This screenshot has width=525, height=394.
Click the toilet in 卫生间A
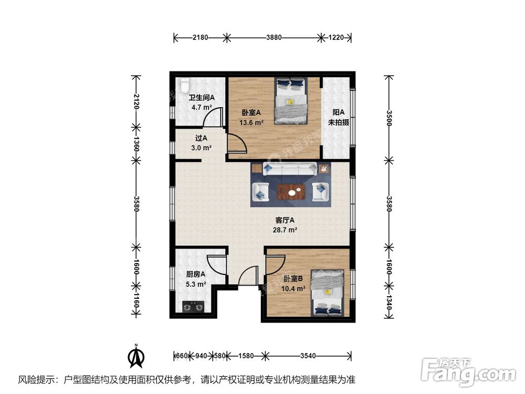pyautogui.click(x=184, y=86)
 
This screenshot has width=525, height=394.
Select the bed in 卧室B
pyautogui.click(x=327, y=293)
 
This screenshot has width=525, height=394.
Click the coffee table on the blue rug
pyautogui.click(x=291, y=192)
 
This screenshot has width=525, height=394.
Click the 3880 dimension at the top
pyautogui.click(x=274, y=38)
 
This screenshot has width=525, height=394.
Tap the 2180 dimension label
pyautogui.click(x=201, y=38)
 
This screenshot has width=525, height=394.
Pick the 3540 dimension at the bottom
pyautogui.click(x=308, y=356)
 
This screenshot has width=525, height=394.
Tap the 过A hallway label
pyautogui.click(x=201, y=139)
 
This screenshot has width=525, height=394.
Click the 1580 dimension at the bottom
pyautogui.click(x=245, y=356)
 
